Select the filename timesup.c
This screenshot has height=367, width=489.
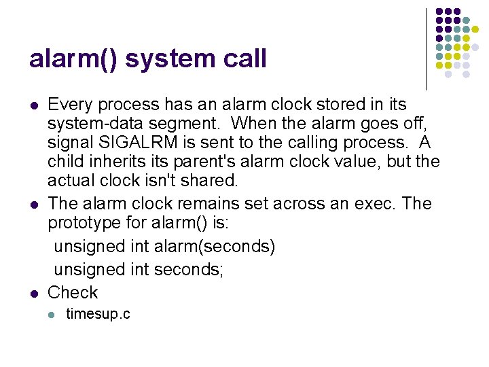coord(98,314)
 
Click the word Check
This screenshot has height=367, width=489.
coord(73,293)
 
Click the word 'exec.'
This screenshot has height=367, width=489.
coord(384,203)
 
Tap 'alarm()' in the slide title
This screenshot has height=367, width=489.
coord(73,59)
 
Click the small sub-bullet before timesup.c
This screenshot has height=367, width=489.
coord(52,315)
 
